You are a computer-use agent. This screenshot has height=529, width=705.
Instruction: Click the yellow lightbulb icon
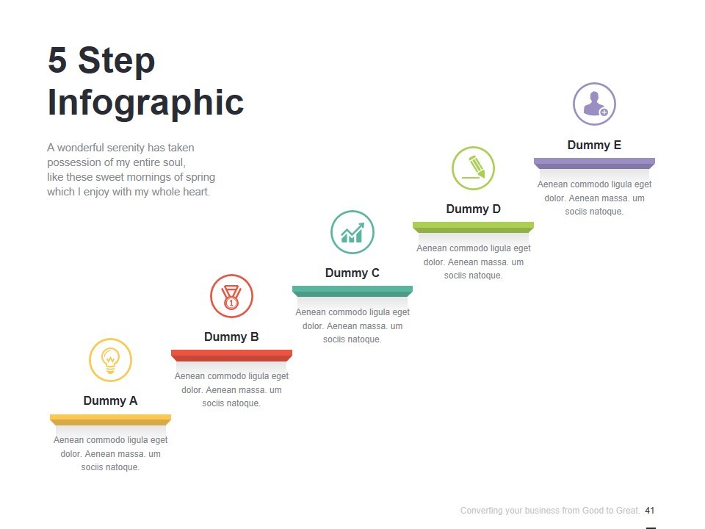pos(110,360)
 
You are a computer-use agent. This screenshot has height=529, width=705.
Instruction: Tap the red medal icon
pos(231,296)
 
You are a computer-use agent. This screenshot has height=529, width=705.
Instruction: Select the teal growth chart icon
pos(352,232)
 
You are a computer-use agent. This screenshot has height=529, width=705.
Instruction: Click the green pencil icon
pos(473,168)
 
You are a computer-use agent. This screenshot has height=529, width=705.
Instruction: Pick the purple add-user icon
pos(594,104)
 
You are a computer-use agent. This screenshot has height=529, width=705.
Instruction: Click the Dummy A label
pos(110,401)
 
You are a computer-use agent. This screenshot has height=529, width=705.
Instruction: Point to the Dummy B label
pos(231,337)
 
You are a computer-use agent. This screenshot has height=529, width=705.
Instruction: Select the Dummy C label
pos(352,273)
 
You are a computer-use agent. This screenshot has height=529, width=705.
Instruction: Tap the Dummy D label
pos(473,209)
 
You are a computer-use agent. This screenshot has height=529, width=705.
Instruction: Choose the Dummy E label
pos(594,145)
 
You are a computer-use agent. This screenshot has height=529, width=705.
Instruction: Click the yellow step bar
pos(110,420)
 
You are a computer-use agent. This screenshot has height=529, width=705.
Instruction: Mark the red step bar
pos(231,356)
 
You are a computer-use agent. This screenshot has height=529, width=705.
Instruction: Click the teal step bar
pos(352,291)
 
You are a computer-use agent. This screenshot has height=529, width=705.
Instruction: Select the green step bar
pos(473,227)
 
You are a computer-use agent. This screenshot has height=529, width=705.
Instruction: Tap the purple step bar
pos(594,163)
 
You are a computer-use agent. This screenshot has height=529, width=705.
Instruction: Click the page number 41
pos(650,511)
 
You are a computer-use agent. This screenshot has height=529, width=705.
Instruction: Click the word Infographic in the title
pos(145,104)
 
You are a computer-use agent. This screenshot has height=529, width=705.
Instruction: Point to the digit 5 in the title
pos(57,60)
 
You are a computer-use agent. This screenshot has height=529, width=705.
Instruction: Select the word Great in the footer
pos(628,511)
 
